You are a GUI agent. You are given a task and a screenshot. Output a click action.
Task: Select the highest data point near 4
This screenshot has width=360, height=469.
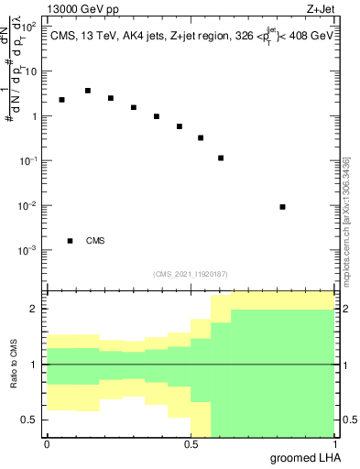pyautogui.click(x=87, y=91)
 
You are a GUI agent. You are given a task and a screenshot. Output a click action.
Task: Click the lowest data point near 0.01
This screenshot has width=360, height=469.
pyautogui.click(x=282, y=207)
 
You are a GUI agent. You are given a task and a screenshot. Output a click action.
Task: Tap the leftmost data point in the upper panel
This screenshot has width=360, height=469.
pyautogui.click(x=61, y=100)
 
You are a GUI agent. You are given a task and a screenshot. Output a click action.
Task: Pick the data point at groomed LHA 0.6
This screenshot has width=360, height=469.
pyautogui.click(x=221, y=158)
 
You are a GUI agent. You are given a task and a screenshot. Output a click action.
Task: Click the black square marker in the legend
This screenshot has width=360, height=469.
pyautogui.click(x=70, y=241)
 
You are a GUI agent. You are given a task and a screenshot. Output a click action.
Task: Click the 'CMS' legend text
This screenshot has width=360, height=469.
pyautogui.click(x=94, y=241)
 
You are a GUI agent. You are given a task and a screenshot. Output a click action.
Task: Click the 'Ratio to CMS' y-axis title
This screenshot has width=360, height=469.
pyautogui.click(x=14, y=364)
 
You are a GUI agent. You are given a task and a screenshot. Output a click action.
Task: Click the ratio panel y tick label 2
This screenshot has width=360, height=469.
pyautogui.click(x=35, y=310)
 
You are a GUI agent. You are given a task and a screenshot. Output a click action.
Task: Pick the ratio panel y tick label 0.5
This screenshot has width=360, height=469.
pyautogui.click(x=30, y=420)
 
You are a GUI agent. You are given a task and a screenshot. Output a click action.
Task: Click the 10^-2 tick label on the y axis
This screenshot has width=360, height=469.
pyautogui.click(x=27, y=205)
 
